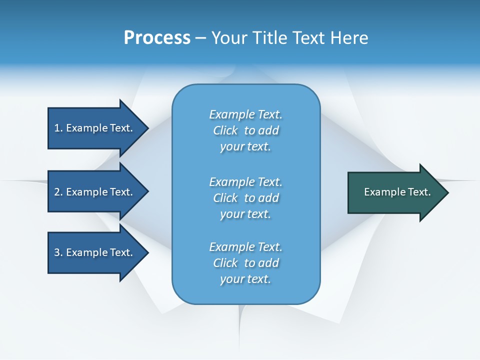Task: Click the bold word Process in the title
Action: click(157, 38)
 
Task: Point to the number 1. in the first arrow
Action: click(58, 128)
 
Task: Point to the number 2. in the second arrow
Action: click(58, 192)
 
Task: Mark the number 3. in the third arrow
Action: click(58, 252)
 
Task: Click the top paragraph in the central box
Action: click(245, 130)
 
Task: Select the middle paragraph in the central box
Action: click(245, 198)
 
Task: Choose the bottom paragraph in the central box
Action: click(245, 263)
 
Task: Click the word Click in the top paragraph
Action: click(225, 130)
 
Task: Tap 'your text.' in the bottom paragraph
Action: click(245, 279)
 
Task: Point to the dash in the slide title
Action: click(201, 38)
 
